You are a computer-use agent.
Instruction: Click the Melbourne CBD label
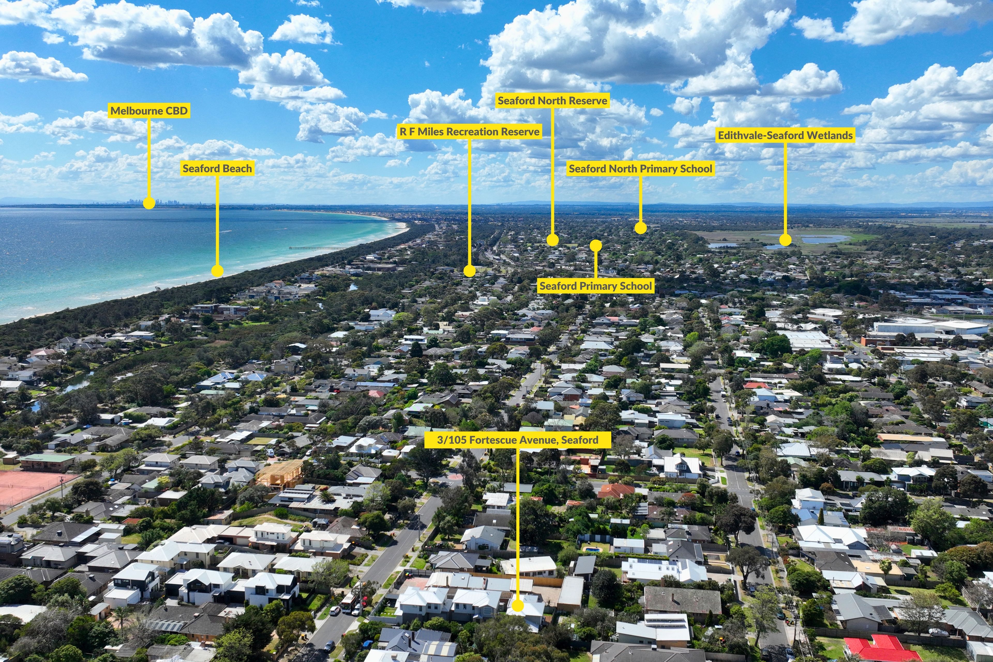pyautogui.click(x=149, y=111)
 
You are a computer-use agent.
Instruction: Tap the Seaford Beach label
pyautogui.click(x=217, y=168)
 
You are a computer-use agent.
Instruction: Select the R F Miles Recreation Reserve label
pyautogui.click(x=470, y=132)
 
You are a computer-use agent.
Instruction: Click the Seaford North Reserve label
pyautogui.click(x=552, y=101)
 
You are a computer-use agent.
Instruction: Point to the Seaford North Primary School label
pyautogui.click(x=641, y=168)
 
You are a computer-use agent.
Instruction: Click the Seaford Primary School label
pyautogui.click(x=596, y=286)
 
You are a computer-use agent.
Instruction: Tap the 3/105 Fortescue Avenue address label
pyautogui.click(x=518, y=440)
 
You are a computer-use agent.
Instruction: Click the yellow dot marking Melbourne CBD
pyautogui.click(x=149, y=203)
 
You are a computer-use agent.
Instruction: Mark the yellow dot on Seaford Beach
pyautogui.click(x=217, y=271)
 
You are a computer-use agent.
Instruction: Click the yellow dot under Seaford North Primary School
pyautogui.click(x=641, y=228)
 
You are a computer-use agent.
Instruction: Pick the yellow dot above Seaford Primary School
pyautogui.click(x=596, y=245)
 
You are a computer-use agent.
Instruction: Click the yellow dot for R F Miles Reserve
pyautogui.click(x=470, y=271)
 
